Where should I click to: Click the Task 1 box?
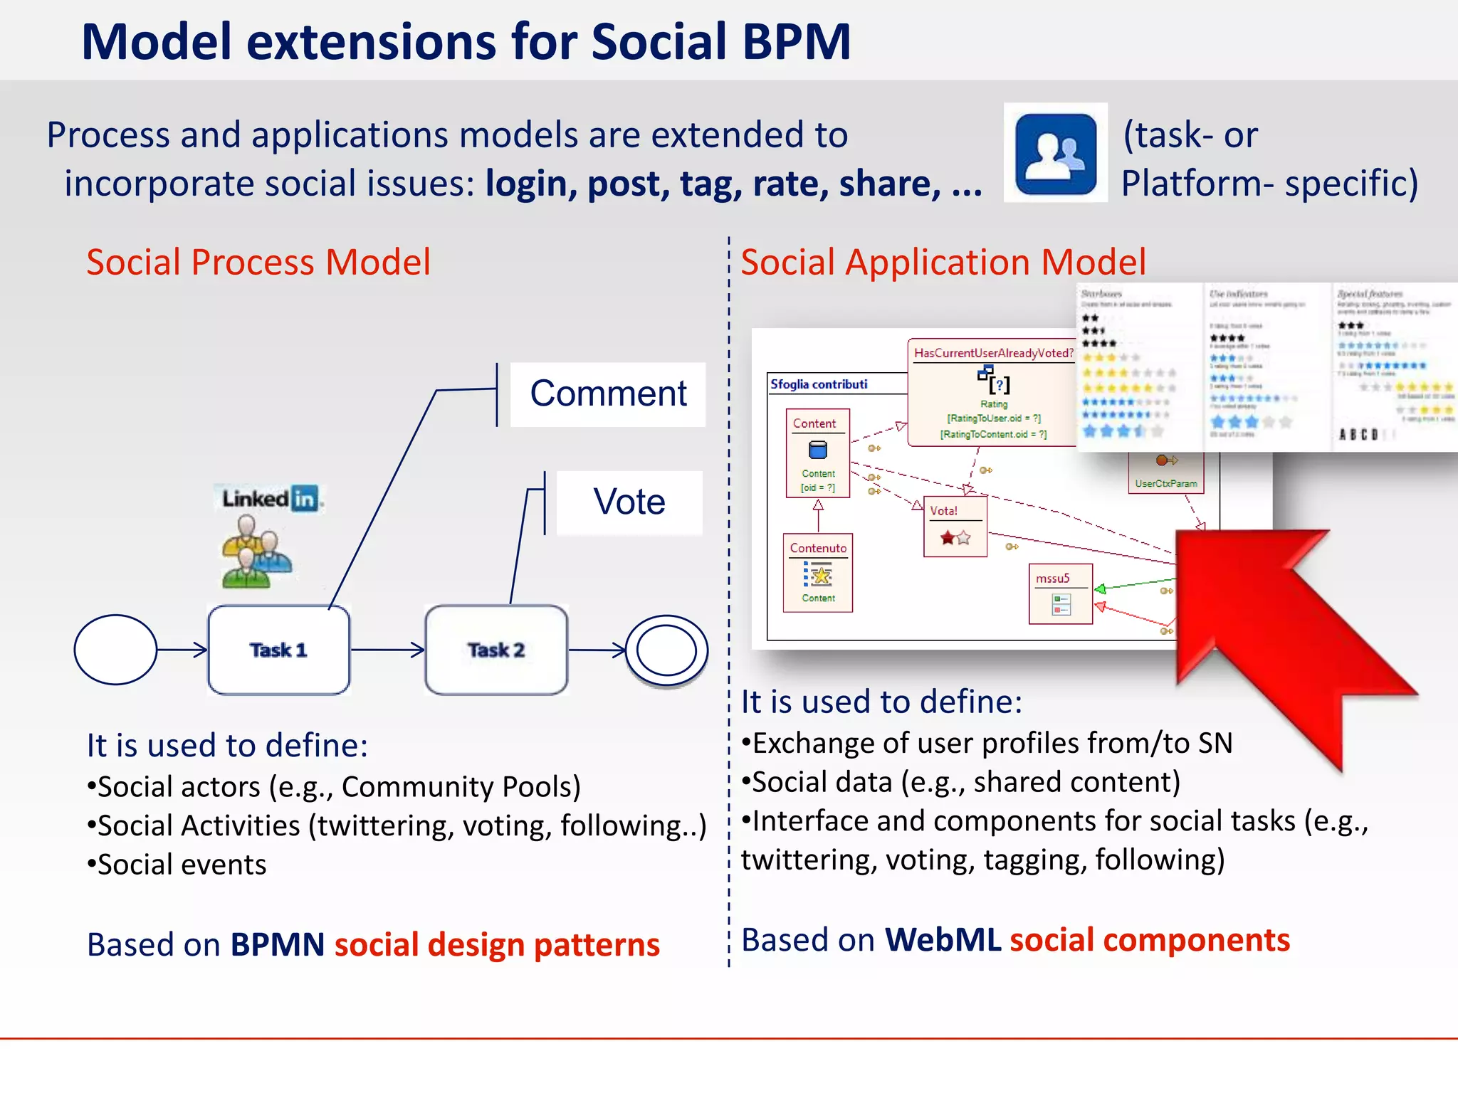(x=278, y=650)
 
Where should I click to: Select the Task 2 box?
(x=496, y=650)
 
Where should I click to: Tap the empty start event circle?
(x=115, y=650)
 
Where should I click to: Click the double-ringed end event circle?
(x=666, y=650)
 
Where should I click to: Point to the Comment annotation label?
(x=608, y=394)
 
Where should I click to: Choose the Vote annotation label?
(x=629, y=502)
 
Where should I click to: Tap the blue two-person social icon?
(x=1056, y=153)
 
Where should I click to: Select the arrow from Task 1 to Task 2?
(x=387, y=650)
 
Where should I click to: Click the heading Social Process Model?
(x=258, y=262)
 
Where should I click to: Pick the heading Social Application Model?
(x=943, y=262)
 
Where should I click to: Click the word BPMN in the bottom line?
(x=278, y=945)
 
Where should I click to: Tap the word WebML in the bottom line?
(x=943, y=940)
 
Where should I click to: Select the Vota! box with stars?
(x=955, y=527)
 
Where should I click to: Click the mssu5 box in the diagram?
(x=1060, y=594)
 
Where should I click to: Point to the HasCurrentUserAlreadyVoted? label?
(x=994, y=353)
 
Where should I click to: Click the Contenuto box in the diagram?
(x=818, y=573)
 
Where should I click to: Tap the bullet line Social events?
(x=177, y=865)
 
